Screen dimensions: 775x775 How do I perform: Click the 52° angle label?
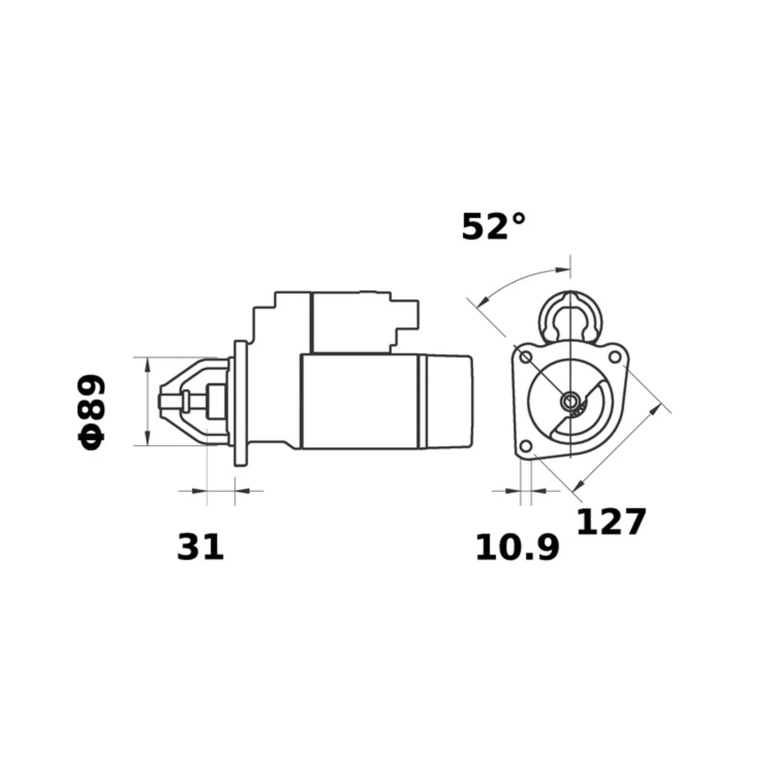tap(493, 227)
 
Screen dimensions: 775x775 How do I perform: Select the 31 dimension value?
tap(200, 547)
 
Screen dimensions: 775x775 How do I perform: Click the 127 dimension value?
tap(610, 522)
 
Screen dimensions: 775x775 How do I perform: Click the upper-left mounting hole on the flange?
tap(526, 357)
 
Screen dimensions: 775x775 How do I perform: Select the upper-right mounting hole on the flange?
tap(613, 357)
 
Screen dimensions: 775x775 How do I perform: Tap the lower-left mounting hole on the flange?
tap(526, 445)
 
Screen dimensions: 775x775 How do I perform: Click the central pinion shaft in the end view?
tap(569, 401)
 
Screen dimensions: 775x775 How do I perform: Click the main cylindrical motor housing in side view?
tap(358, 401)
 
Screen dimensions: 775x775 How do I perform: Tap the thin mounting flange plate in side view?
tap(240, 403)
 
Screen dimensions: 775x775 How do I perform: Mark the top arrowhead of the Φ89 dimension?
tap(147, 362)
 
